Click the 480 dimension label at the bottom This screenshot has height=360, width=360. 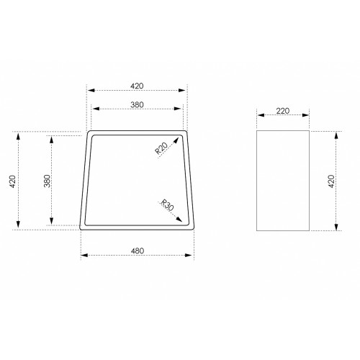[x=138, y=251]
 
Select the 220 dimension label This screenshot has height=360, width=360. [x=283, y=111]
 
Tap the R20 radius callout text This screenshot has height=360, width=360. [x=161, y=148]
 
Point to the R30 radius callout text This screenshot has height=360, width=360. [x=167, y=205]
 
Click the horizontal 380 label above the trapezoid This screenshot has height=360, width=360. [x=137, y=104]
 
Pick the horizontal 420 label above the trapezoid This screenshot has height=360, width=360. [x=137, y=86]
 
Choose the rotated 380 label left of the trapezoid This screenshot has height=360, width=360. [x=48, y=181]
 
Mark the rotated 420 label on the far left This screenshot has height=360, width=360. [x=12, y=181]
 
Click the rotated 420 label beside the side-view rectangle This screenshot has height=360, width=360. [x=331, y=181]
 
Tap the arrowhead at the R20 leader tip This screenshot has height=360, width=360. [x=176, y=140]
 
